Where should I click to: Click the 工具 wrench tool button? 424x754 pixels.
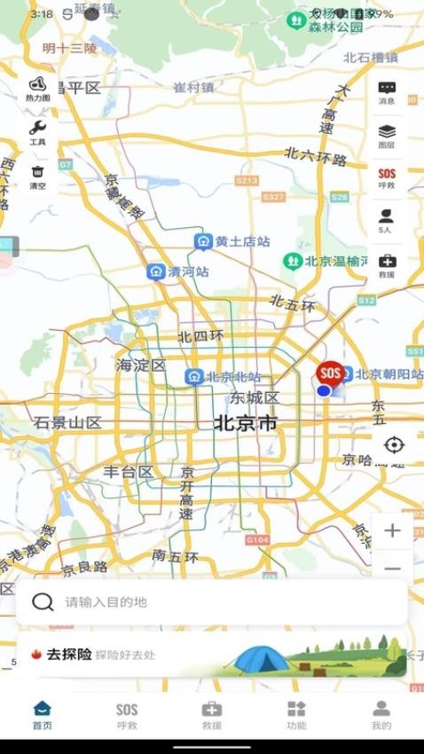(x=37, y=132)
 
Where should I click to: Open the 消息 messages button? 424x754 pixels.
(x=387, y=92)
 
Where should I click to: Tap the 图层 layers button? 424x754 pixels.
(x=387, y=136)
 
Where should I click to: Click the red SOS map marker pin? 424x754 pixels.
(x=330, y=374)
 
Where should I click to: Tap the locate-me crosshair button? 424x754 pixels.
(x=394, y=444)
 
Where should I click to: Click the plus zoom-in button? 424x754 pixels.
(x=392, y=530)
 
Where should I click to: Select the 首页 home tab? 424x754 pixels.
(x=42, y=714)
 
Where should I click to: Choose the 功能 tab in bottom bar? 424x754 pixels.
(x=296, y=714)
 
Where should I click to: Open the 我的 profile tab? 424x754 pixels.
(x=381, y=714)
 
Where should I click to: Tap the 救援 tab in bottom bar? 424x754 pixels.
(x=212, y=714)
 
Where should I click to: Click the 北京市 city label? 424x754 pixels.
(x=245, y=423)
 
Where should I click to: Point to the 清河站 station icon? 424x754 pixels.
(x=156, y=271)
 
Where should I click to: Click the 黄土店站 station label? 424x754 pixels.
(x=242, y=241)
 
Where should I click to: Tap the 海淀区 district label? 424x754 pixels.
(x=141, y=365)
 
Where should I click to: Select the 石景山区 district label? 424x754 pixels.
(x=67, y=423)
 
